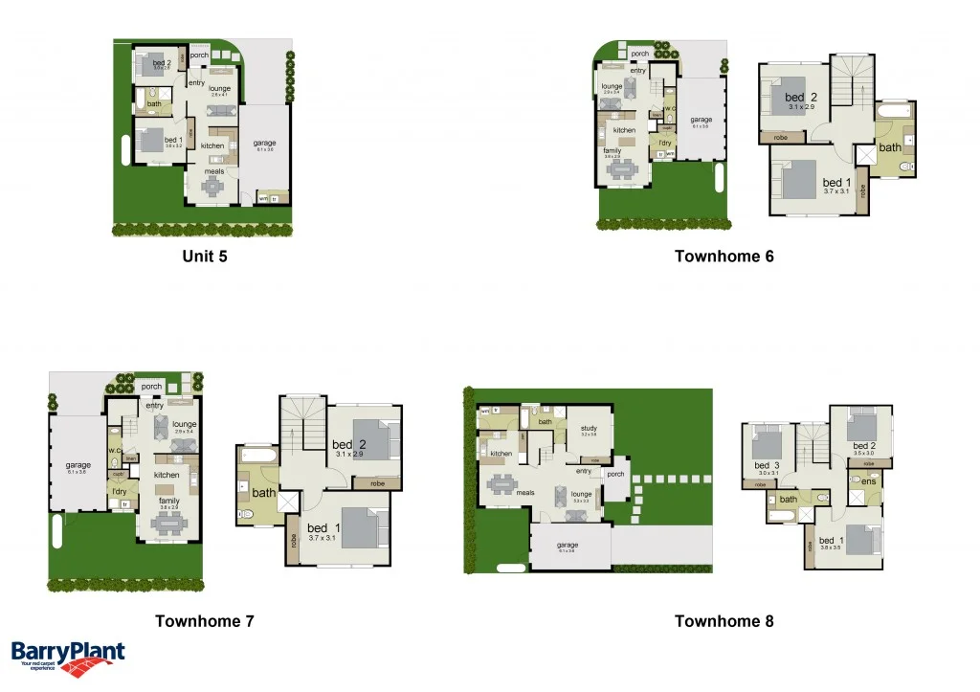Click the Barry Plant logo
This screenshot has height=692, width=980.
pyautogui.click(x=67, y=658)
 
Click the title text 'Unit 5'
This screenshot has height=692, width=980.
pyautogui.click(x=205, y=257)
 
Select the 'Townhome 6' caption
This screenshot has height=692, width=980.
pyautogui.click(x=724, y=257)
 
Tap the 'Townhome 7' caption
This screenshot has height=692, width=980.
pyautogui.click(x=205, y=621)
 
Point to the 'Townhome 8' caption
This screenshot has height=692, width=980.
pyautogui.click(x=724, y=621)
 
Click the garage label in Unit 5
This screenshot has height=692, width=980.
pyautogui.click(x=264, y=144)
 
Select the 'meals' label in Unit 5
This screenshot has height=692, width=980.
pyautogui.click(x=214, y=172)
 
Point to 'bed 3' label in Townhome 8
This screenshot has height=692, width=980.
pyautogui.click(x=768, y=466)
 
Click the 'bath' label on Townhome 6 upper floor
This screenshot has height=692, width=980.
pyautogui.click(x=890, y=147)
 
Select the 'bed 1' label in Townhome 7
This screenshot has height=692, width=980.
pyautogui.click(x=319, y=527)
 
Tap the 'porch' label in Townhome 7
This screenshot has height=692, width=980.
pyautogui.click(x=151, y=387)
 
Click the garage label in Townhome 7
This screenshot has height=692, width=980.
pyautogui.click(x=78, y=466)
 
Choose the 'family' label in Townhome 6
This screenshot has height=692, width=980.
pyautogui.click(x=612, y=150)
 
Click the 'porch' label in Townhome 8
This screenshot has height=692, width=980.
pyautogui.click(x=615, y=474)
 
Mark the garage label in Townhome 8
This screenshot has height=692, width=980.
pyautogui.click(x=568, y=547)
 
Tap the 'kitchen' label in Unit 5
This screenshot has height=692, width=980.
pyautogui.click(x=212, y=145)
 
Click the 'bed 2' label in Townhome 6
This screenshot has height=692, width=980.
pyautogui.click(x=800, y=98)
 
